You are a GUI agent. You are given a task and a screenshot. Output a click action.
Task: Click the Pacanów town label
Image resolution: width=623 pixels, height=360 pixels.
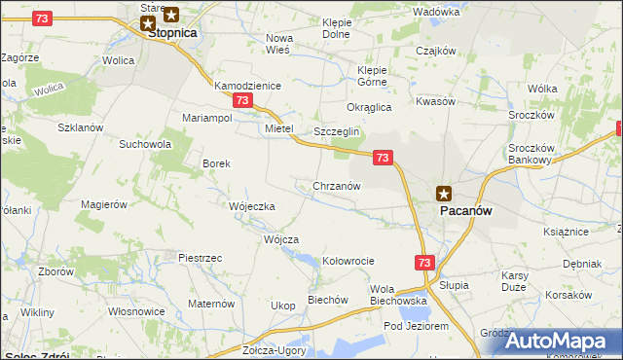pyautogui.click(x=465, y=210)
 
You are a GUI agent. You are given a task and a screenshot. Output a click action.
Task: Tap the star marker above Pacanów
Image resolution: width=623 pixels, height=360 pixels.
pyautogui.click(x=444, y=193)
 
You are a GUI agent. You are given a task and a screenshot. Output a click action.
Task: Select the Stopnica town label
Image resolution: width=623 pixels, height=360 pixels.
pyautogui.click(x=172, y=32)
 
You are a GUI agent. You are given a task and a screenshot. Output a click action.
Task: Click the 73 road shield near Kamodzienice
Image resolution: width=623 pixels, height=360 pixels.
pyautogui.click(x=242, y=101)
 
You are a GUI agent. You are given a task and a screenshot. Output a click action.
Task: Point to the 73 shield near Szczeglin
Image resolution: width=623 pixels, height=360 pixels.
pyautogui.click(x=383, y=157)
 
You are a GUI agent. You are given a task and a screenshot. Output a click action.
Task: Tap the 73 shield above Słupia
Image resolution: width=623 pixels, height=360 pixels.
pyautogui.click(x=423, y=263)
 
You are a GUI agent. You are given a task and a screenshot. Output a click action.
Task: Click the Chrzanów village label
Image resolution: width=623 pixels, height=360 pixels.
pyautogui.click(x=337, y=185)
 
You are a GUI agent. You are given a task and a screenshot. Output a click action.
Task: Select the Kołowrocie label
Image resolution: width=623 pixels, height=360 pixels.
pyautogui.click(x=348, y=261)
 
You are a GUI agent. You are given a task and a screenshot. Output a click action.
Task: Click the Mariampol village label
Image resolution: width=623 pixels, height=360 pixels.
pyautogui.click(x=206, y=118)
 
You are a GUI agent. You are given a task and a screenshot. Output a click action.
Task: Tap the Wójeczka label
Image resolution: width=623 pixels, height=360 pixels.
pyautogui.click(x=252, y=206)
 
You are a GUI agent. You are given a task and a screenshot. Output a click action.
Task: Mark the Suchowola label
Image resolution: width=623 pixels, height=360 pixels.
pyautogui.click(x=144, y=144)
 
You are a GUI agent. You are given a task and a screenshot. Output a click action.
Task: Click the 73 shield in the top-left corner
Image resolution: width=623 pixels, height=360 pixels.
pyautogui.click(x=41, y=18)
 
